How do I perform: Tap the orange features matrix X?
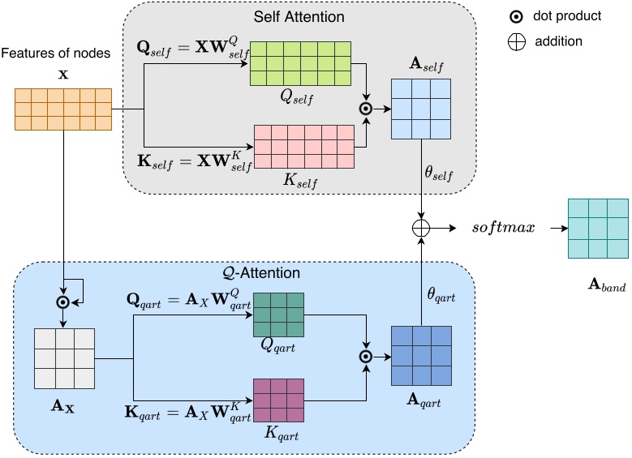tap(62, 109)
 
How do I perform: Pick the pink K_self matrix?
tap(304, 146)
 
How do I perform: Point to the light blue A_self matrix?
tap(420, 109)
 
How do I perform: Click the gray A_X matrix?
tap(64, 358)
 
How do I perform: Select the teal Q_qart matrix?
tap(278, 315)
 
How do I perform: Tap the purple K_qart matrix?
tap(278, 400)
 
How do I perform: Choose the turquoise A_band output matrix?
tap(597, 229)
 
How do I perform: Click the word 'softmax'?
tap(504, 227)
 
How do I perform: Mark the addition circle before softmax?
tap(420, 228)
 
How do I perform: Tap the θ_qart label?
tap(442, 297)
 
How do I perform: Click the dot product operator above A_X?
tap(62, 302)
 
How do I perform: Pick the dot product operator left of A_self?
tap(365, 107)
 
